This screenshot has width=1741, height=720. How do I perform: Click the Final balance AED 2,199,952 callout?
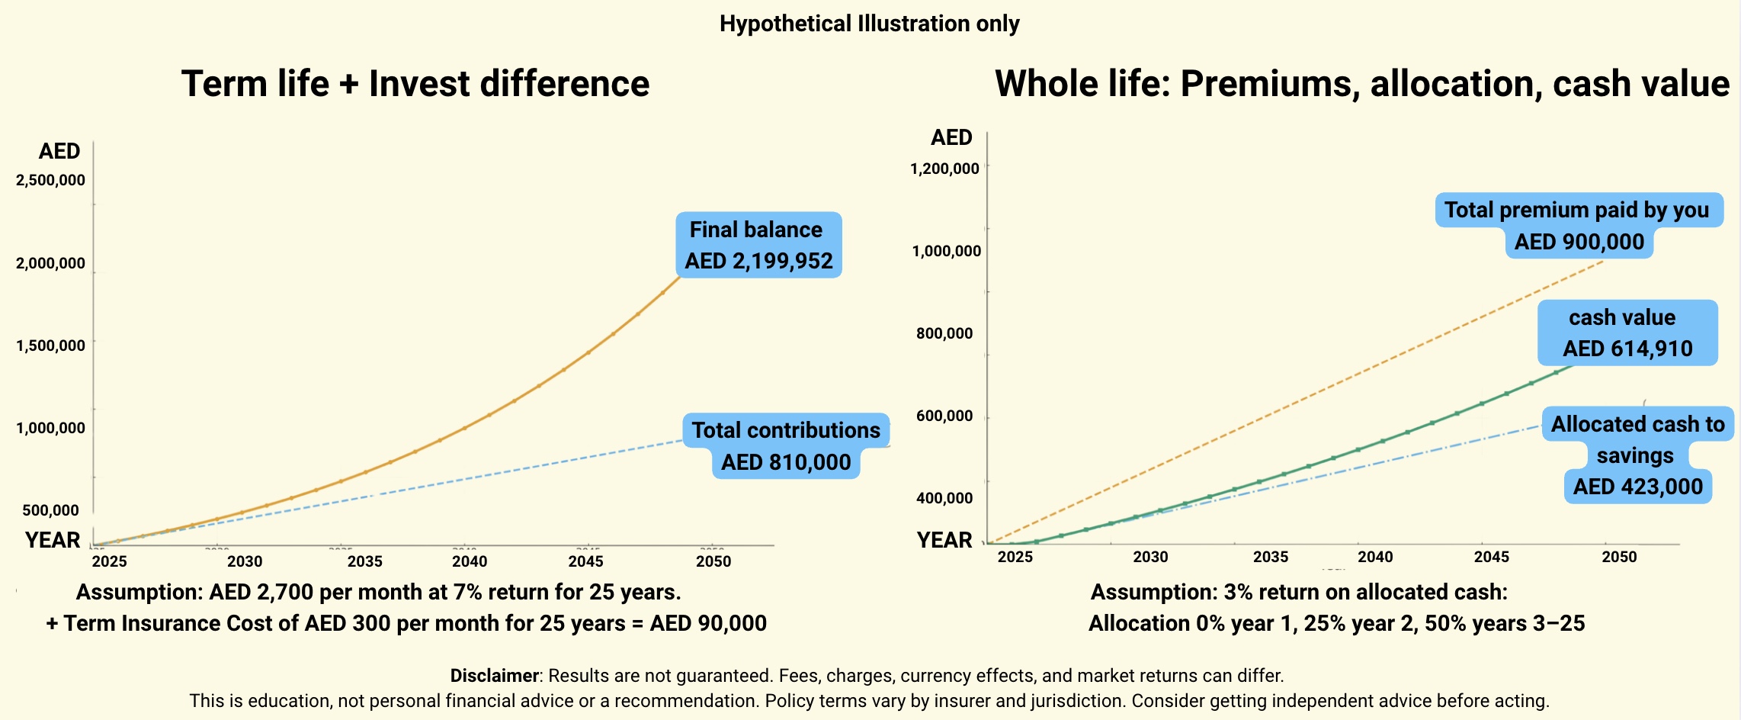pyautogui.click(x=758, y=245)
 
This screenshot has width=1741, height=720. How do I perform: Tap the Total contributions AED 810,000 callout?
pyautogui.click(x=786, y=446)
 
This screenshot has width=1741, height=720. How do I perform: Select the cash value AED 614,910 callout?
pyautogui.click(x=1627, y=333)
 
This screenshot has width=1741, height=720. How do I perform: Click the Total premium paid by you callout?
pyautogui.click(x=1577, y=225)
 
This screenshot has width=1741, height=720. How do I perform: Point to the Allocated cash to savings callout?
pyautogui.click(x=1637, y=455)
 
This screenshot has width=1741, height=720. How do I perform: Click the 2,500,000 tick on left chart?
pyautogui.click(x=50, y=181)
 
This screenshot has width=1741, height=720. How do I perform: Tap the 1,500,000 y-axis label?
pyautogui.click(x=50, y=346)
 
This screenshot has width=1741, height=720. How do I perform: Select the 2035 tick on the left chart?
pyautogui.click(x=364, y=561)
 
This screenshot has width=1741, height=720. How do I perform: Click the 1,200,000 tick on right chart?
pyautogui.click(x=944, y=169)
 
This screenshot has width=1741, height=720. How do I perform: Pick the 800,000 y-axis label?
pyautogui.click(x=944, y=333)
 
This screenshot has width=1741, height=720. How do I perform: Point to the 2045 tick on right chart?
pyautogui.click(x=1491, y=557)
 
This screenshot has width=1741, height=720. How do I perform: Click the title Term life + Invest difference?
pyautogui.click(x=415, y=84)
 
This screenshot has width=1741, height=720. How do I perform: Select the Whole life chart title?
pyautogui.click(x=1361, y=84)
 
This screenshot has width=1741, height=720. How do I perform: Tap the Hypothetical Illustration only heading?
pyautogui.click(x=869, y=24)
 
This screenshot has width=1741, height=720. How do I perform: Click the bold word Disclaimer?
pyautogui.click(x=494, y=676)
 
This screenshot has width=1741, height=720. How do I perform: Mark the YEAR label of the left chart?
pyautogui.click(x=53, y=540)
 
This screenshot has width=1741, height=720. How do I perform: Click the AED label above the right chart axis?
pyautogui.click(x=951, y=138)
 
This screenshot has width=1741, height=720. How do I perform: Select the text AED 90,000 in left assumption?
pyautogui.click(x=708, y=623)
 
